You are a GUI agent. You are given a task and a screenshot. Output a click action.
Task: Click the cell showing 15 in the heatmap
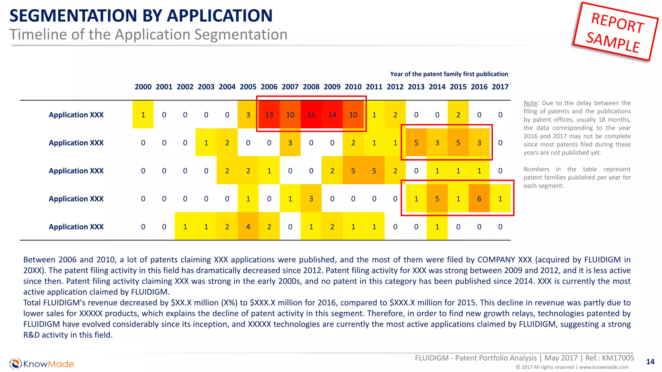point(311,115)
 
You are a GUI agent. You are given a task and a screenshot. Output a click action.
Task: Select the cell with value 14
point(332,115)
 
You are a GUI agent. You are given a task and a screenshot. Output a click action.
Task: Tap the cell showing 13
point(269,115)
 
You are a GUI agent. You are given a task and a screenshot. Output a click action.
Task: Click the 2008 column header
point(311,87)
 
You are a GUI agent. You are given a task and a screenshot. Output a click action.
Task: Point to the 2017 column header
point(500,87)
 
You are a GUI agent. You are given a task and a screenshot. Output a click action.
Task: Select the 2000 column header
point(143,87)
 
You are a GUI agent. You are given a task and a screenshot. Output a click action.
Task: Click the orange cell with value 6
point(479,199)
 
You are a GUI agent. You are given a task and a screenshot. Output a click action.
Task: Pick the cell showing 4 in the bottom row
point(248,227)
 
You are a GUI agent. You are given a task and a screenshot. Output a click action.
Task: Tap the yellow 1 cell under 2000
point(143,115)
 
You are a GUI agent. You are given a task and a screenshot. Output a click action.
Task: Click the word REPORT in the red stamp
point(617,23)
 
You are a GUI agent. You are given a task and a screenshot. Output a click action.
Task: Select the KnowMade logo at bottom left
point(42,364)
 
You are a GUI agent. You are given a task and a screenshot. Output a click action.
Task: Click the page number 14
point(650,362)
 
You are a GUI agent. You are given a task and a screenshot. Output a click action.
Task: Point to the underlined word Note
point(530,103)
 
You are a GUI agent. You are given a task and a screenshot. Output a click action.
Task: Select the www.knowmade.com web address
point(603,367)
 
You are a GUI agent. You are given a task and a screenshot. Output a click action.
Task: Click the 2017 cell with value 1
point(500,199)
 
